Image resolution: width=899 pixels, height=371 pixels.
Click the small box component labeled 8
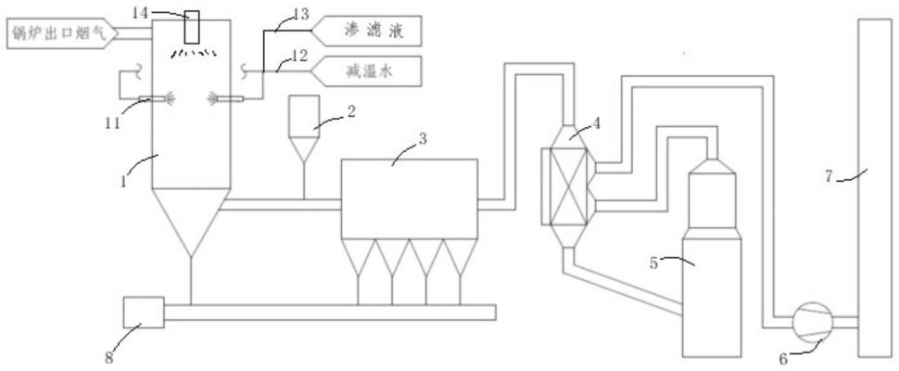click(144, 313)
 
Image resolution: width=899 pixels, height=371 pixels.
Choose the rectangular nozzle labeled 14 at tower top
click(192, 28)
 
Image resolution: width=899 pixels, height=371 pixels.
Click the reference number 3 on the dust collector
click(423, 139)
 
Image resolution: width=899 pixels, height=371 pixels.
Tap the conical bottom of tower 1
click(191, 220)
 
